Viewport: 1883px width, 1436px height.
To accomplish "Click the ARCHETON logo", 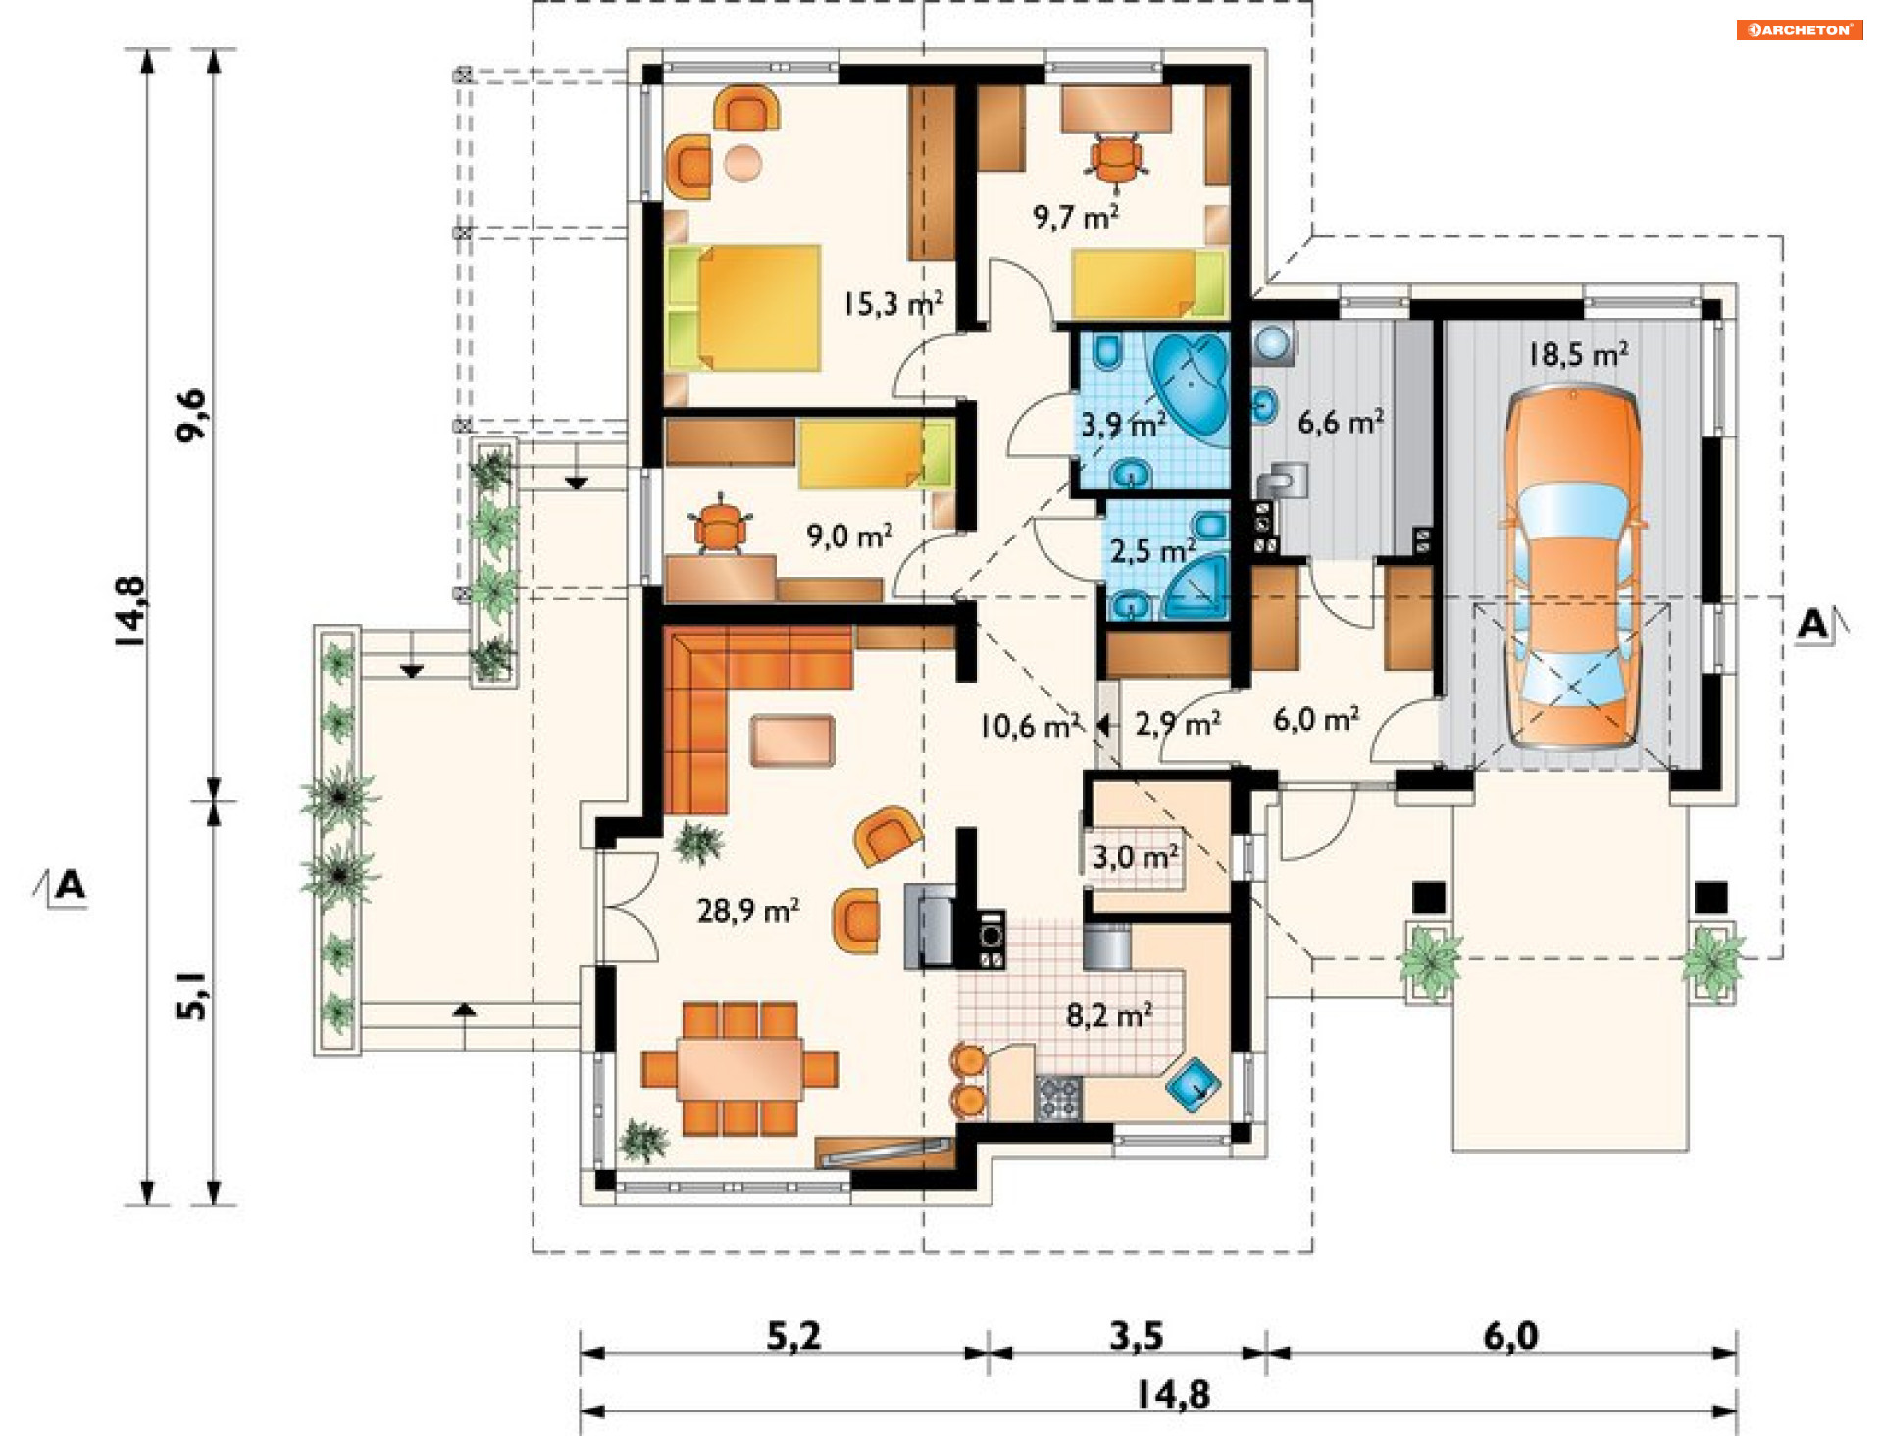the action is click(1799, 30).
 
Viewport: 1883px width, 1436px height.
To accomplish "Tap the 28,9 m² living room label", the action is click(748, 911).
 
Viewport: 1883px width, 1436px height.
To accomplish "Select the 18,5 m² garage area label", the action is click(1579, 354).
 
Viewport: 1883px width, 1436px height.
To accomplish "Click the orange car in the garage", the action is click(1573, 567).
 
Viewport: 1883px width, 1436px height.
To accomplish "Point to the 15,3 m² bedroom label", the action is click(893, 304).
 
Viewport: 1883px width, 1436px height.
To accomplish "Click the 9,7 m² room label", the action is click(1076, 216).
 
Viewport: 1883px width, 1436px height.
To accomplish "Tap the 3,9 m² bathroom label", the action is click(1124, 425).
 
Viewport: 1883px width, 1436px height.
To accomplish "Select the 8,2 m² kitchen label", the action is click(1109, 1015).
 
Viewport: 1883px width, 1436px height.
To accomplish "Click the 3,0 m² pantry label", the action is click(1136, 857).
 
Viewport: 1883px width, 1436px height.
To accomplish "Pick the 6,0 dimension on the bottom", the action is click(1510, 1335).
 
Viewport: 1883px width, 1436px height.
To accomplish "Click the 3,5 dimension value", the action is click(1136, 1335).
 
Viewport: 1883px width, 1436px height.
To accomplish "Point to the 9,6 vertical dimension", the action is click(191, 416).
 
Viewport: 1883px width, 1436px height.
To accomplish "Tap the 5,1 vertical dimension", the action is click(191, 996).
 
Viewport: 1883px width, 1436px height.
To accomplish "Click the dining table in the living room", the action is click(739, 1069).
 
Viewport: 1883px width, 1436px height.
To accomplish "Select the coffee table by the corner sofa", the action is click(792, 741).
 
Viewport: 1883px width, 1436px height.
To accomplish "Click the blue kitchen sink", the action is click(1193, 1084).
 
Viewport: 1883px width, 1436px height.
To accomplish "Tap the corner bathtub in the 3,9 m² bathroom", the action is click(1189, 386).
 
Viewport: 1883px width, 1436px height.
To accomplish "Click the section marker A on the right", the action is click(1814, 624).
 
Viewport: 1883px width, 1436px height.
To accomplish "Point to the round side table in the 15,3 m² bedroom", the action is click(742, 163).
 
